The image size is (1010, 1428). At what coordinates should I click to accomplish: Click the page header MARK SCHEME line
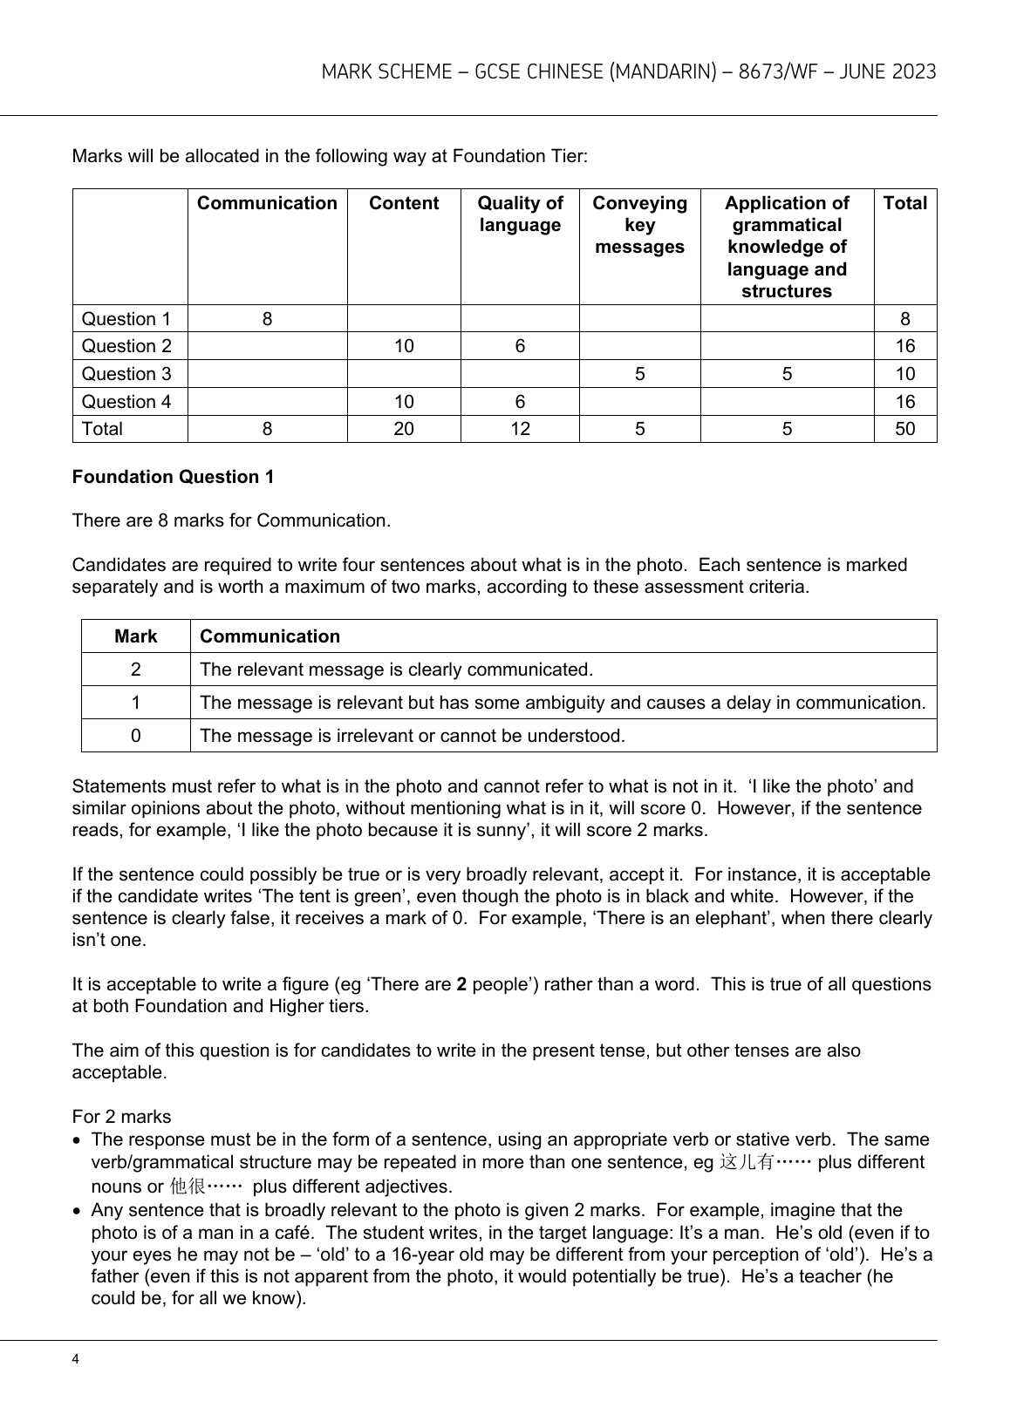point(628,71)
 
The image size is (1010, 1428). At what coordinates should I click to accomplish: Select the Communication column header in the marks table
point(267,203)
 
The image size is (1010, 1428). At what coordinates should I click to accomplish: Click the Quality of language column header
point(520,214)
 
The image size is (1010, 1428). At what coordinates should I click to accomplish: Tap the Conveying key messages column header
point(639,225)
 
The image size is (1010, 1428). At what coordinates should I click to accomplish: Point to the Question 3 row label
point(126,374)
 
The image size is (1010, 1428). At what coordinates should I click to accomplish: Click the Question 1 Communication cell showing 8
point(267,319)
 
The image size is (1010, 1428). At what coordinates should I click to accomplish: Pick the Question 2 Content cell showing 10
point(404,346)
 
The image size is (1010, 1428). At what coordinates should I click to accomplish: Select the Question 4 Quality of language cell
point(520,402)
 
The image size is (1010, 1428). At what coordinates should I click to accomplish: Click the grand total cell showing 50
point(904,429)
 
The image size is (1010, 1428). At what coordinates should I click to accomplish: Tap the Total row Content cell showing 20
point(404,429)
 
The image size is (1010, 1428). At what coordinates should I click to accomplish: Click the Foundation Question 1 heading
point(173,477)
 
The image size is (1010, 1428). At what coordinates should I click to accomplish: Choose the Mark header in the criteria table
point(135,636)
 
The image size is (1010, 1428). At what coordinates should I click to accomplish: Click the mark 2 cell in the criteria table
point(135,670)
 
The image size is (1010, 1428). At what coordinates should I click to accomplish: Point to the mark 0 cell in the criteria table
point(135,736)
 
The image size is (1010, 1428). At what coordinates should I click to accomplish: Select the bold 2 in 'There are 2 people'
point(462,984)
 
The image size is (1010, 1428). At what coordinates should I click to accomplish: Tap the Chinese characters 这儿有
point(746,1163)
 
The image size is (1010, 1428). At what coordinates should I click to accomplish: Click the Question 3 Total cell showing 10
point(904,374)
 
